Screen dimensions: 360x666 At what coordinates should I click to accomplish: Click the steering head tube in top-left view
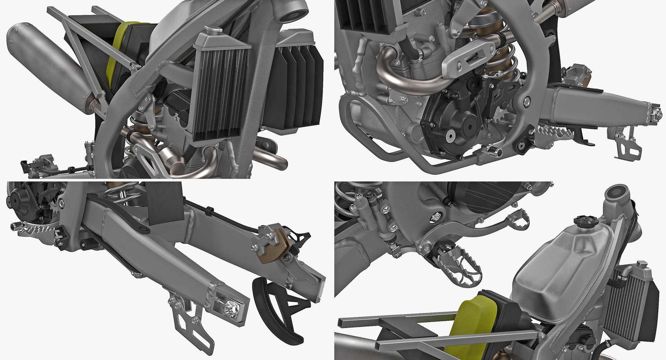(x=290, y=14)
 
